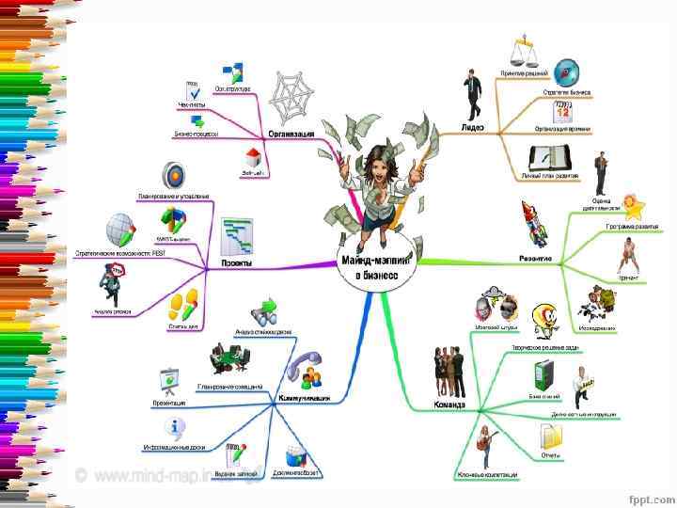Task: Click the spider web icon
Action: (292, 96)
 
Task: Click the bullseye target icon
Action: (173, 174)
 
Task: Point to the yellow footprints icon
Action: (183, 304)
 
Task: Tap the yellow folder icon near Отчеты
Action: (551, 437)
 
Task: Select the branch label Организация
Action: (291, 134)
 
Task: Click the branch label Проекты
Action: (235, 263)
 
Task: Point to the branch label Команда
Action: (449, 405)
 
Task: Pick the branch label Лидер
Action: (472, 127)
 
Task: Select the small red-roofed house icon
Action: (253, 156)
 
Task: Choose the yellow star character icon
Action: (633, 206)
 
